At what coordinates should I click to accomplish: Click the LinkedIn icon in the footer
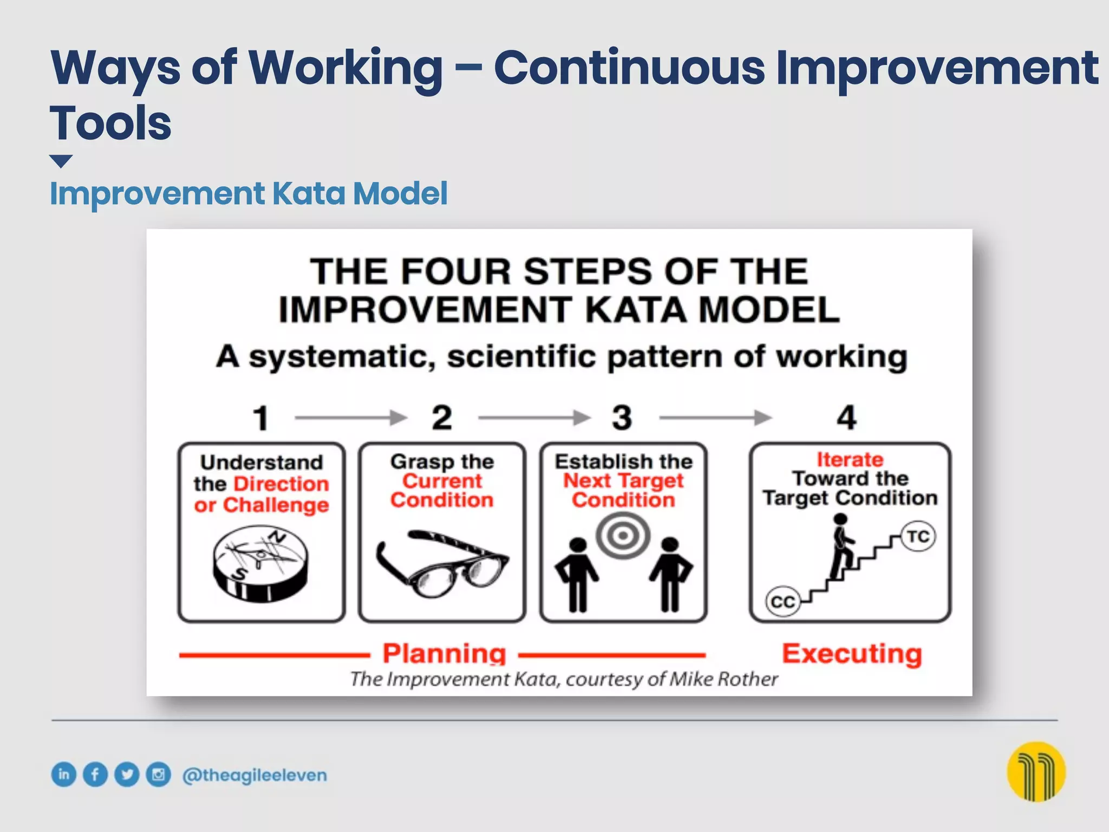point(64,774)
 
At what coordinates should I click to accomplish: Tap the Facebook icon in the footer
point(95,774)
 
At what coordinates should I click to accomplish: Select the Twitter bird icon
point(127,774)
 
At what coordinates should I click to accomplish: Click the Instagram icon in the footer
point(159,774)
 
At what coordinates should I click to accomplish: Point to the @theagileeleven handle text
point(255,775)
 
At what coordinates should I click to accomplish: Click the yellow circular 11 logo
point(1036,771)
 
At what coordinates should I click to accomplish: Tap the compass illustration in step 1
point(260,563)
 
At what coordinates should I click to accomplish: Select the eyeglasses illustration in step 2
point(442,564)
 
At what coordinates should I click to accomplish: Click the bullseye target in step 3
point(623,536)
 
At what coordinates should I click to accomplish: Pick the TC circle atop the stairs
point(918,537)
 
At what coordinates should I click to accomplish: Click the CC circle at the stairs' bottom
point(782,602)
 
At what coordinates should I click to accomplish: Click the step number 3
point(622,418)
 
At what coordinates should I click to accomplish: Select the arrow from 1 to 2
point(351,418)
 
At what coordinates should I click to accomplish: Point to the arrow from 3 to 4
point(715,418)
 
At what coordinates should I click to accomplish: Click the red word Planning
point(444,654)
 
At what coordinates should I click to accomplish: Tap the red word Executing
point(852,654)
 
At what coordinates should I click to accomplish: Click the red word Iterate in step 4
point(850,459)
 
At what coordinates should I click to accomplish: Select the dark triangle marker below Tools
point(61,161)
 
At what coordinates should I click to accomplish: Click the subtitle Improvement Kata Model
point(249,193)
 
